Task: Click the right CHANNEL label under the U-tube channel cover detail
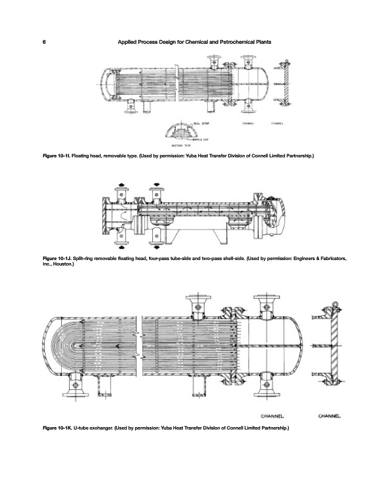click(x=329, y=416)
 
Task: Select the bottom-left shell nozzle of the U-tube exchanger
click(x=75, y=386)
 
